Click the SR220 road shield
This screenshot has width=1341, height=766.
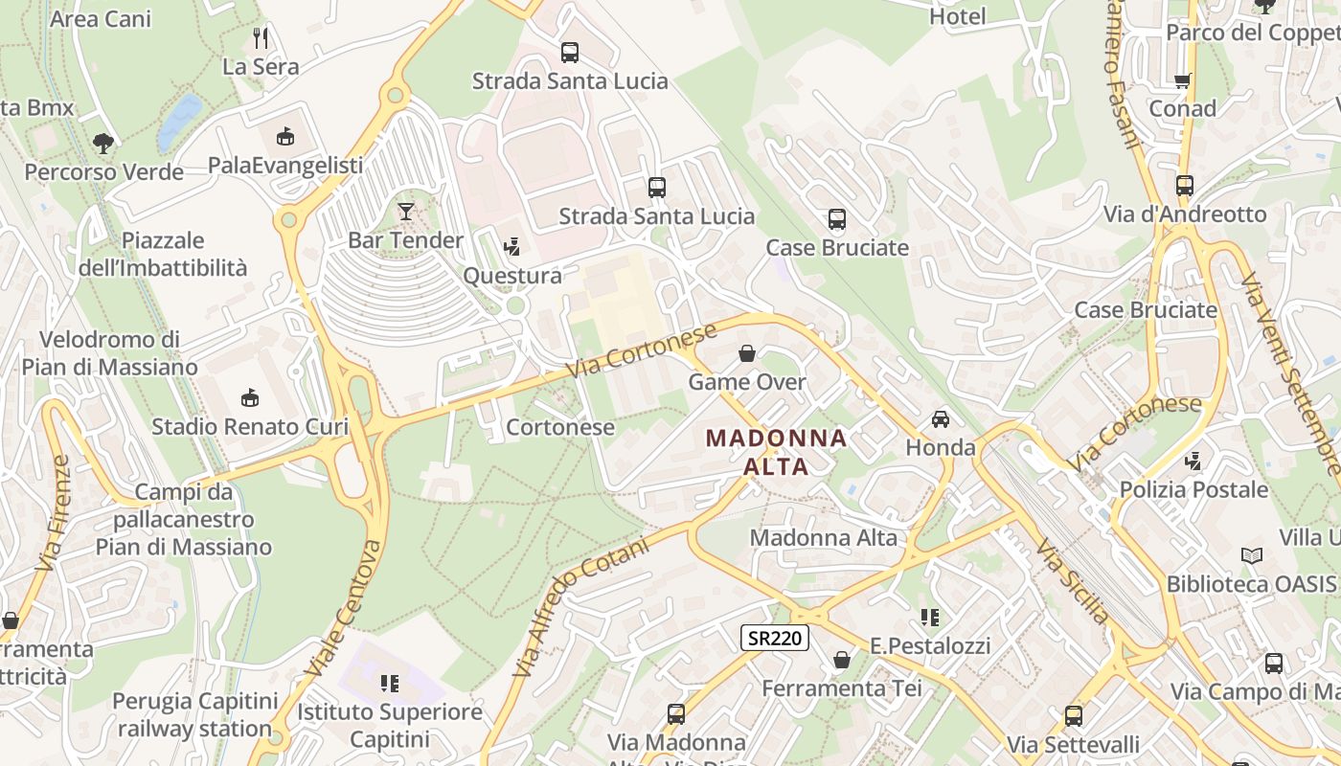[775, 638]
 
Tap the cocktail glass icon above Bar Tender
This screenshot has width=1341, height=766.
[406, 211]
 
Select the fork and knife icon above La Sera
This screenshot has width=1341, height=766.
[261, 37]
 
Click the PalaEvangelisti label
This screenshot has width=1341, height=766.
[285, 166]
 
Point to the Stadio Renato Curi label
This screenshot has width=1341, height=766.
[250, 426]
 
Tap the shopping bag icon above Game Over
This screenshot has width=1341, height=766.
[747, 353]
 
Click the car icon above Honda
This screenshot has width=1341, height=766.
[941, 419]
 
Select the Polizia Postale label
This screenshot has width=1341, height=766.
[1193, 490]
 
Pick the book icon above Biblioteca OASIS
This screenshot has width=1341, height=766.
[1251, 555]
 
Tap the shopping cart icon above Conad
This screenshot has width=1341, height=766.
[1183, 80]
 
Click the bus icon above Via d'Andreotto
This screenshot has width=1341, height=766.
[1185, 186]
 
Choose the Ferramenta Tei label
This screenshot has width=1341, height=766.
[841, 688]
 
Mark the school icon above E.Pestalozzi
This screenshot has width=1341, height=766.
[929, 618]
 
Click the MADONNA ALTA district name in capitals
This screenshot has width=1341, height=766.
[777, 453]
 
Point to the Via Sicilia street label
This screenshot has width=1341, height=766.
[1072, 581]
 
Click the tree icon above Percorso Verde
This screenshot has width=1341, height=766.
[103, 144]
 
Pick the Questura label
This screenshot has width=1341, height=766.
[512, 276]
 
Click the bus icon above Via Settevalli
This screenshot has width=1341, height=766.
[1074, 716]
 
